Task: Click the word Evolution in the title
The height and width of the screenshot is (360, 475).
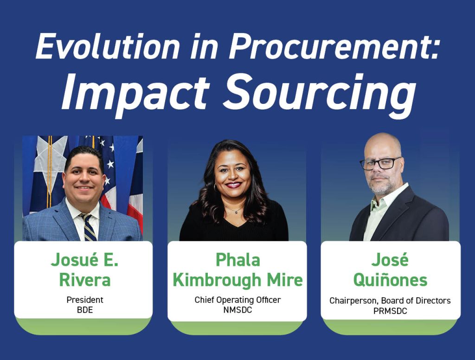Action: pos(108,46)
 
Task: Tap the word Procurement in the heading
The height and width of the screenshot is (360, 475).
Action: pos(333,46)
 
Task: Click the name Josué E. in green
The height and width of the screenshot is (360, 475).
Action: pos(84,259)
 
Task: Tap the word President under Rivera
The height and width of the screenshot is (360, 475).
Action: pos(85,300)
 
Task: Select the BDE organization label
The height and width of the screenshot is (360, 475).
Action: pos(85,310)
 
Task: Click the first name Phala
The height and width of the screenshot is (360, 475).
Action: pos(237,260)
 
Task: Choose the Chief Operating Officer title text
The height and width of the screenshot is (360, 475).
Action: pos(237,300)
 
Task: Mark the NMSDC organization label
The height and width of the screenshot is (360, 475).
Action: pos(237,310)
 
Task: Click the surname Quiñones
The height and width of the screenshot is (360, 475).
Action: pos(390,280)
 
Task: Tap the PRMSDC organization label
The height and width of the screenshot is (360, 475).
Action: pos(390,311)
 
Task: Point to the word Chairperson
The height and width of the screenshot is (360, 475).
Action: pos(353,301)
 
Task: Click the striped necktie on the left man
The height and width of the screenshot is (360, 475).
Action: pos(88,228)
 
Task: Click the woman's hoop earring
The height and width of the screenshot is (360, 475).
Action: pos(216,187)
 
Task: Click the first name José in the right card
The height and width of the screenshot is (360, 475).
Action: pos(390,260)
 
